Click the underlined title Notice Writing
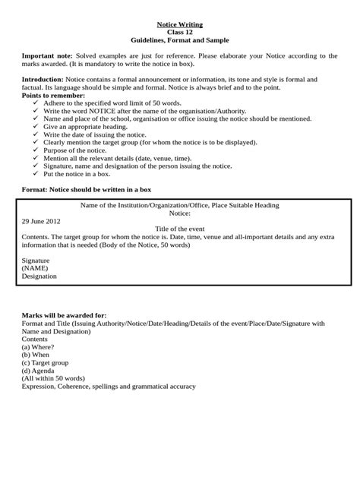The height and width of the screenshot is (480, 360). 180,24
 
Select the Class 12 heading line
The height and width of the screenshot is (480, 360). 180,32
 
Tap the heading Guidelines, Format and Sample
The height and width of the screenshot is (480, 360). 180,39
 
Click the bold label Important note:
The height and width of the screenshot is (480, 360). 47,55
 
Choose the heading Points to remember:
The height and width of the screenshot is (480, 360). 53,95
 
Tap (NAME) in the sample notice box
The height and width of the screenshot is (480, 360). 35,268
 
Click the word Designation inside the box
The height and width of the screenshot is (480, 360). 39,276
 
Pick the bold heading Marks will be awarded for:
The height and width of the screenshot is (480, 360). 64,315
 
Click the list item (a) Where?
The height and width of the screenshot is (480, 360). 38,347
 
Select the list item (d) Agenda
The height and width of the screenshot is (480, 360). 39,371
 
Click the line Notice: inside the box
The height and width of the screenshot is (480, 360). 180,213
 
